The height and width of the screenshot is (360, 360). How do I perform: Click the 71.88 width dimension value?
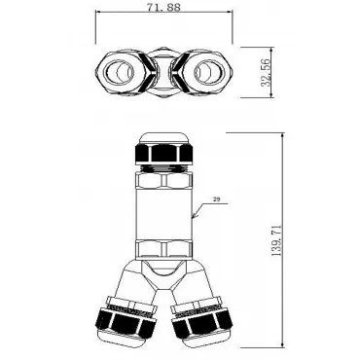163,7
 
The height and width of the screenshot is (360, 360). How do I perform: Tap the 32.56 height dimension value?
267,73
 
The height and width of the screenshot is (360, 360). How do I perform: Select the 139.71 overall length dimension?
276,240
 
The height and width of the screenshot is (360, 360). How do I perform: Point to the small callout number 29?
217,199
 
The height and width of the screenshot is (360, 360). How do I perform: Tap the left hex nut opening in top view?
119,71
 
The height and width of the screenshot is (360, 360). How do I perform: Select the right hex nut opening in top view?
208,71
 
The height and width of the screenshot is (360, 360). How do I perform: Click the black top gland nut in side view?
164,153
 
